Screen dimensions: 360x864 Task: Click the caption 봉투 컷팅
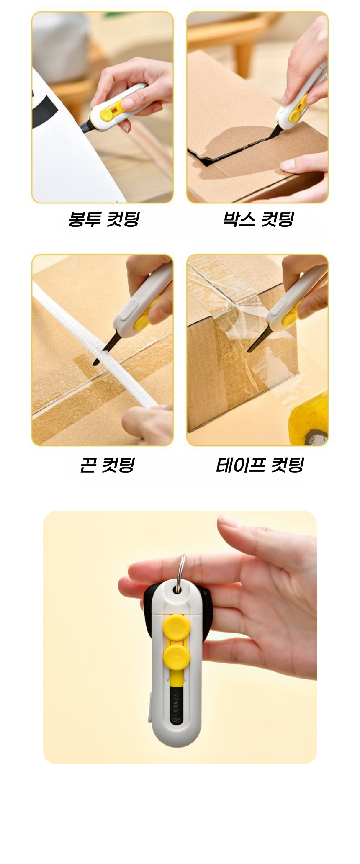pyautogui.click(x=103, y=219)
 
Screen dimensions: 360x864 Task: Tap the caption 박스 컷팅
pyautogui.click(x=258, y=219)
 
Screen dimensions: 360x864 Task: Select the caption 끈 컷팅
pyautogui.click(x=107, y=465)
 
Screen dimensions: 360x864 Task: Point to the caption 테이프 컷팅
pyautogui.click(x=260, y=465)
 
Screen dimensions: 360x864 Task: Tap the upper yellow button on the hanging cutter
pyautogui.click(x=175, y=627)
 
